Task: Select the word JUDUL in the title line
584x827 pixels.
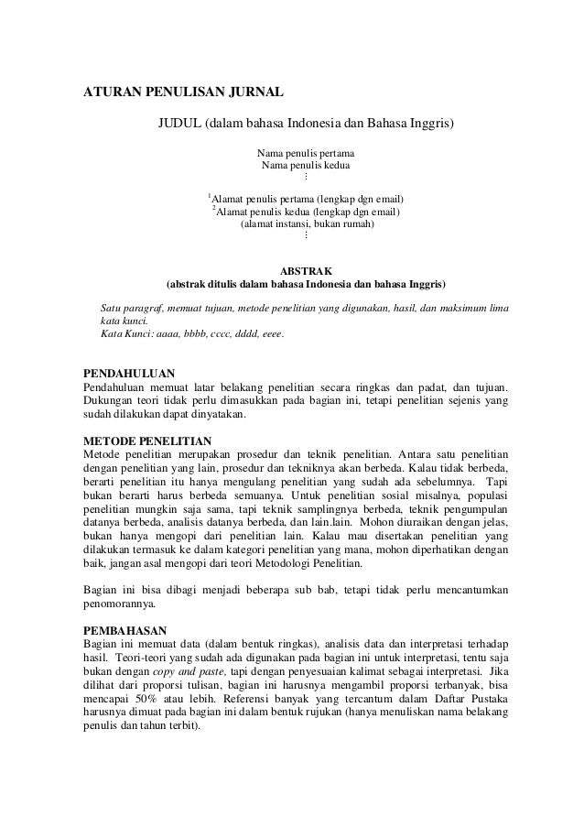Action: (x=179, y=124)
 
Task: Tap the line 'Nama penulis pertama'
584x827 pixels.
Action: (x=307, y=152)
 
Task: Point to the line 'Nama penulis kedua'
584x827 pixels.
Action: (x=307, y=166)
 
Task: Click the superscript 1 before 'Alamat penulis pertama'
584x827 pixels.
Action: (x=210, y=195)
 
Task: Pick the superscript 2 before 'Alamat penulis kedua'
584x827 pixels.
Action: (x=213, y=209)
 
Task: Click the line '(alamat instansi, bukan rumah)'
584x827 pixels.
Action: (x=307, y=223)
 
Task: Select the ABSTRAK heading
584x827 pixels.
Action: (x=307, y=270)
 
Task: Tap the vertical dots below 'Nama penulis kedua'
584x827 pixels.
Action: (x=307, y=178)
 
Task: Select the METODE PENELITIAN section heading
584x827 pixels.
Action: (x=147, y=441)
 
